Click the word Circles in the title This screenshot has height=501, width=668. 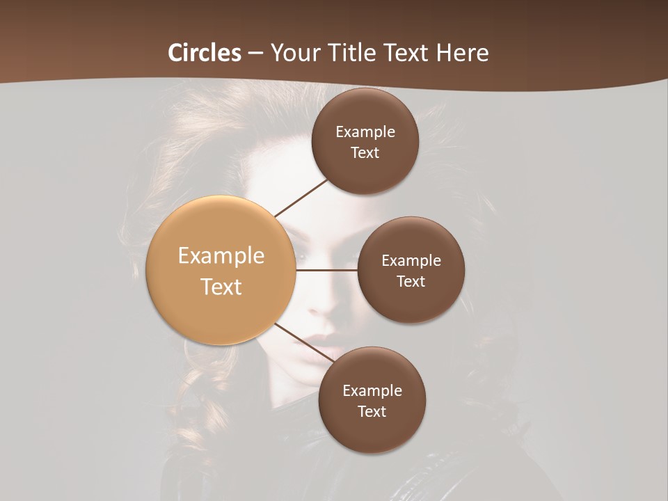[x=205, y=53]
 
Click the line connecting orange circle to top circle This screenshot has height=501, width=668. [x=301, y=198]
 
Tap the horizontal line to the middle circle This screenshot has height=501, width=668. [x=327, y=270]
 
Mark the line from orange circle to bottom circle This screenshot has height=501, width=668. [x=304, y=342]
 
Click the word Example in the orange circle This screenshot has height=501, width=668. [x=221, y=256]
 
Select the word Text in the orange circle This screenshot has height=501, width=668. [x=221, y=287]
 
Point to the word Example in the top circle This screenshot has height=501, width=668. [x=365, y=132]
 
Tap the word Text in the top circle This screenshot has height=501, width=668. [x=365, y=153]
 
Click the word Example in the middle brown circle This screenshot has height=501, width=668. [x=411, y=261]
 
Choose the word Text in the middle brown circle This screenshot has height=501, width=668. [x=411, y=282]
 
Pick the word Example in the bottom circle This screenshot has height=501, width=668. [x=372, y=390]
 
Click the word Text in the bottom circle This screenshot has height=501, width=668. [x=372, y=411]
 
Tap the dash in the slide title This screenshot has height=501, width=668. [x=255, y=54]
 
